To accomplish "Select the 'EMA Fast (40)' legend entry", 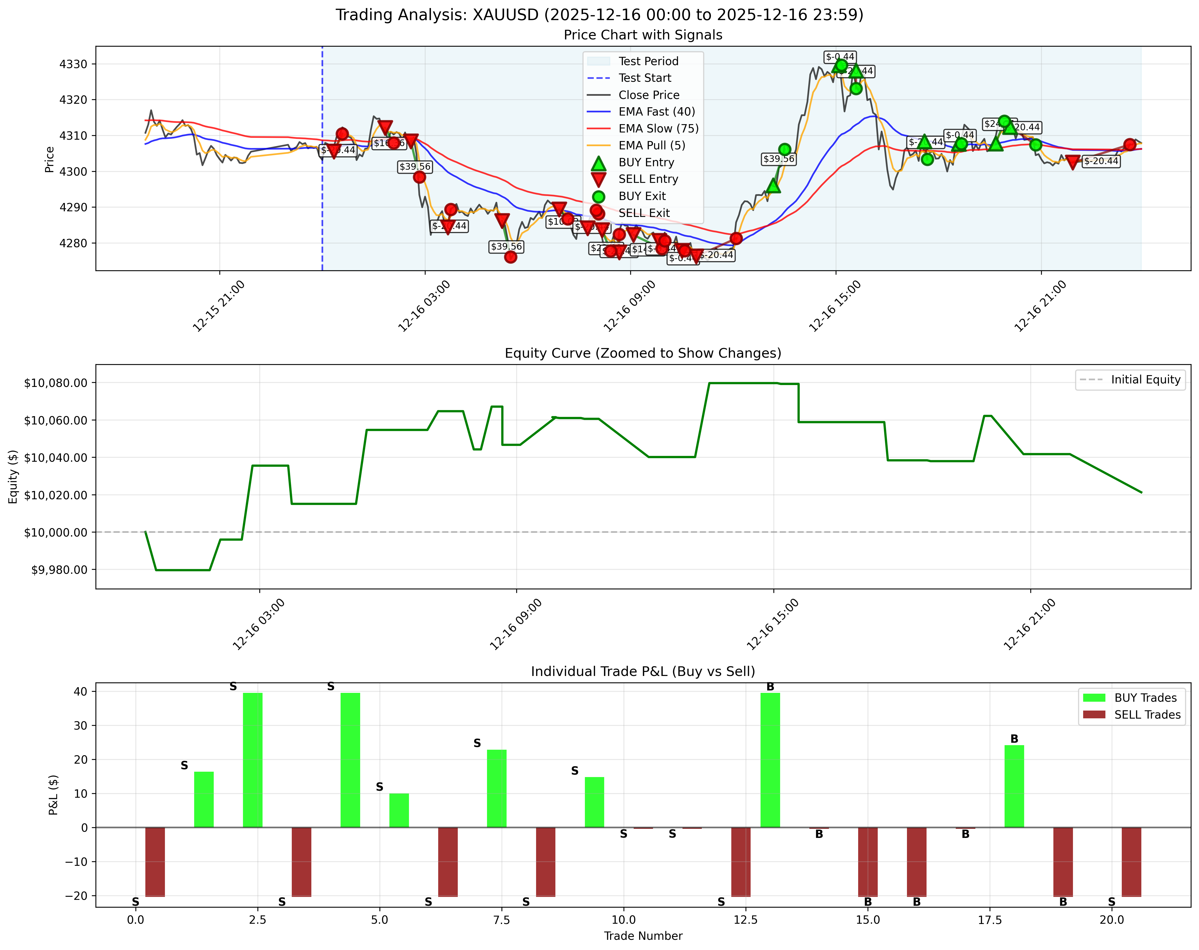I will [656, 112].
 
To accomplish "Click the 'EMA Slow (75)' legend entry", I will [658, 128].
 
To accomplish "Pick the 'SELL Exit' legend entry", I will [644, 213].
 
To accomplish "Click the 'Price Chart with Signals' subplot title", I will [643, 35].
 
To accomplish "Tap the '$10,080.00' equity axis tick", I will [56, 383].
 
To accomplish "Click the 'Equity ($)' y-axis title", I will [13, 476].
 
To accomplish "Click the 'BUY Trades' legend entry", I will [1145, 698].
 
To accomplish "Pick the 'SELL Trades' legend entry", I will [1147, 715].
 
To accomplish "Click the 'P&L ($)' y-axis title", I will [53, 794].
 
